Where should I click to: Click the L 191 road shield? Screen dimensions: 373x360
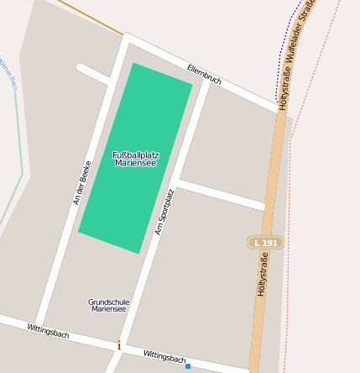(265, 243)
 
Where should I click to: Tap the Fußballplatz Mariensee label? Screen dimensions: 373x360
(136, 159)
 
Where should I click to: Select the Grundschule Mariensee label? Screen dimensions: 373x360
(107, 305)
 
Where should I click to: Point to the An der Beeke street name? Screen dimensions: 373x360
(81, 182)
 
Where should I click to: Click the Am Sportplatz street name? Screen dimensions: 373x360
(164, 211)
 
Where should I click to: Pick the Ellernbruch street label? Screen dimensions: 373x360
(204, 74)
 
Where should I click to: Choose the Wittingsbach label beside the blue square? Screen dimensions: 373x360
(164, 357)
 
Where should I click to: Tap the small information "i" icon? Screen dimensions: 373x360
(119, 345)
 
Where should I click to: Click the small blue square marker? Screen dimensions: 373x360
(188, 366)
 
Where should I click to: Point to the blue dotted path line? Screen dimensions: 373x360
(279, 59)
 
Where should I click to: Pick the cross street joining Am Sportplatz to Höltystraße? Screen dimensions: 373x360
(222, 195)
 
